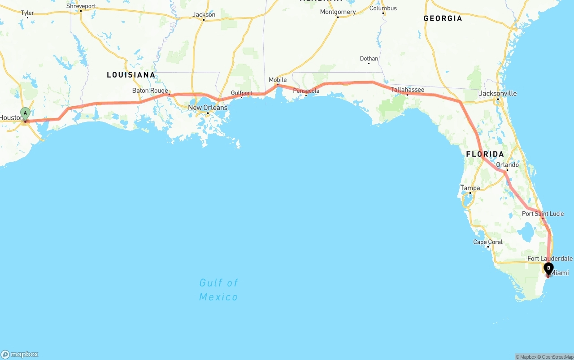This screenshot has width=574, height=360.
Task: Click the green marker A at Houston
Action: (26, 113)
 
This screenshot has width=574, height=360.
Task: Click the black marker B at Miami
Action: (548, 268)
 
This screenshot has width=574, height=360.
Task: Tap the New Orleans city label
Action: (208, 108)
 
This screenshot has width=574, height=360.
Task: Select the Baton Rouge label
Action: (150, 91)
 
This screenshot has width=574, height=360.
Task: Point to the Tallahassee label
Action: (407, 90)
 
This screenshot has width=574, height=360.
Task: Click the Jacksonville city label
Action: (498, 93)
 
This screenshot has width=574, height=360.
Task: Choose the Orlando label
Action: (507, 165)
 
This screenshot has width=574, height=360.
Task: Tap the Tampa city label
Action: (470, 188)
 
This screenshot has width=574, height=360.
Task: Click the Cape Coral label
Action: (488, 242)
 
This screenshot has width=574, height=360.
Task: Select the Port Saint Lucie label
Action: (543, 213)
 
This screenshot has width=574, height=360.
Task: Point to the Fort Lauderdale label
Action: (550, 259)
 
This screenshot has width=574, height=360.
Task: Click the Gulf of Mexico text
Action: (218, 290)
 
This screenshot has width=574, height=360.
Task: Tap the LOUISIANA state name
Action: (131, 75)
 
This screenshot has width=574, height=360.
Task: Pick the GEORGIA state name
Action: (443, 18)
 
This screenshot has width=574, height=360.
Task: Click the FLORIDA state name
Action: (485, 154)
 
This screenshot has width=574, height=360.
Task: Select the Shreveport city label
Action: (81, 6)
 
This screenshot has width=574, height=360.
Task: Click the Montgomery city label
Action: (338, 12)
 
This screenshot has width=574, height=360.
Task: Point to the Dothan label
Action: (369, 59)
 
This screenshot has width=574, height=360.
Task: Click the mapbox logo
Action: (20, 354)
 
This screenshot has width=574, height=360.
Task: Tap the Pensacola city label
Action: (306, 91)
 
